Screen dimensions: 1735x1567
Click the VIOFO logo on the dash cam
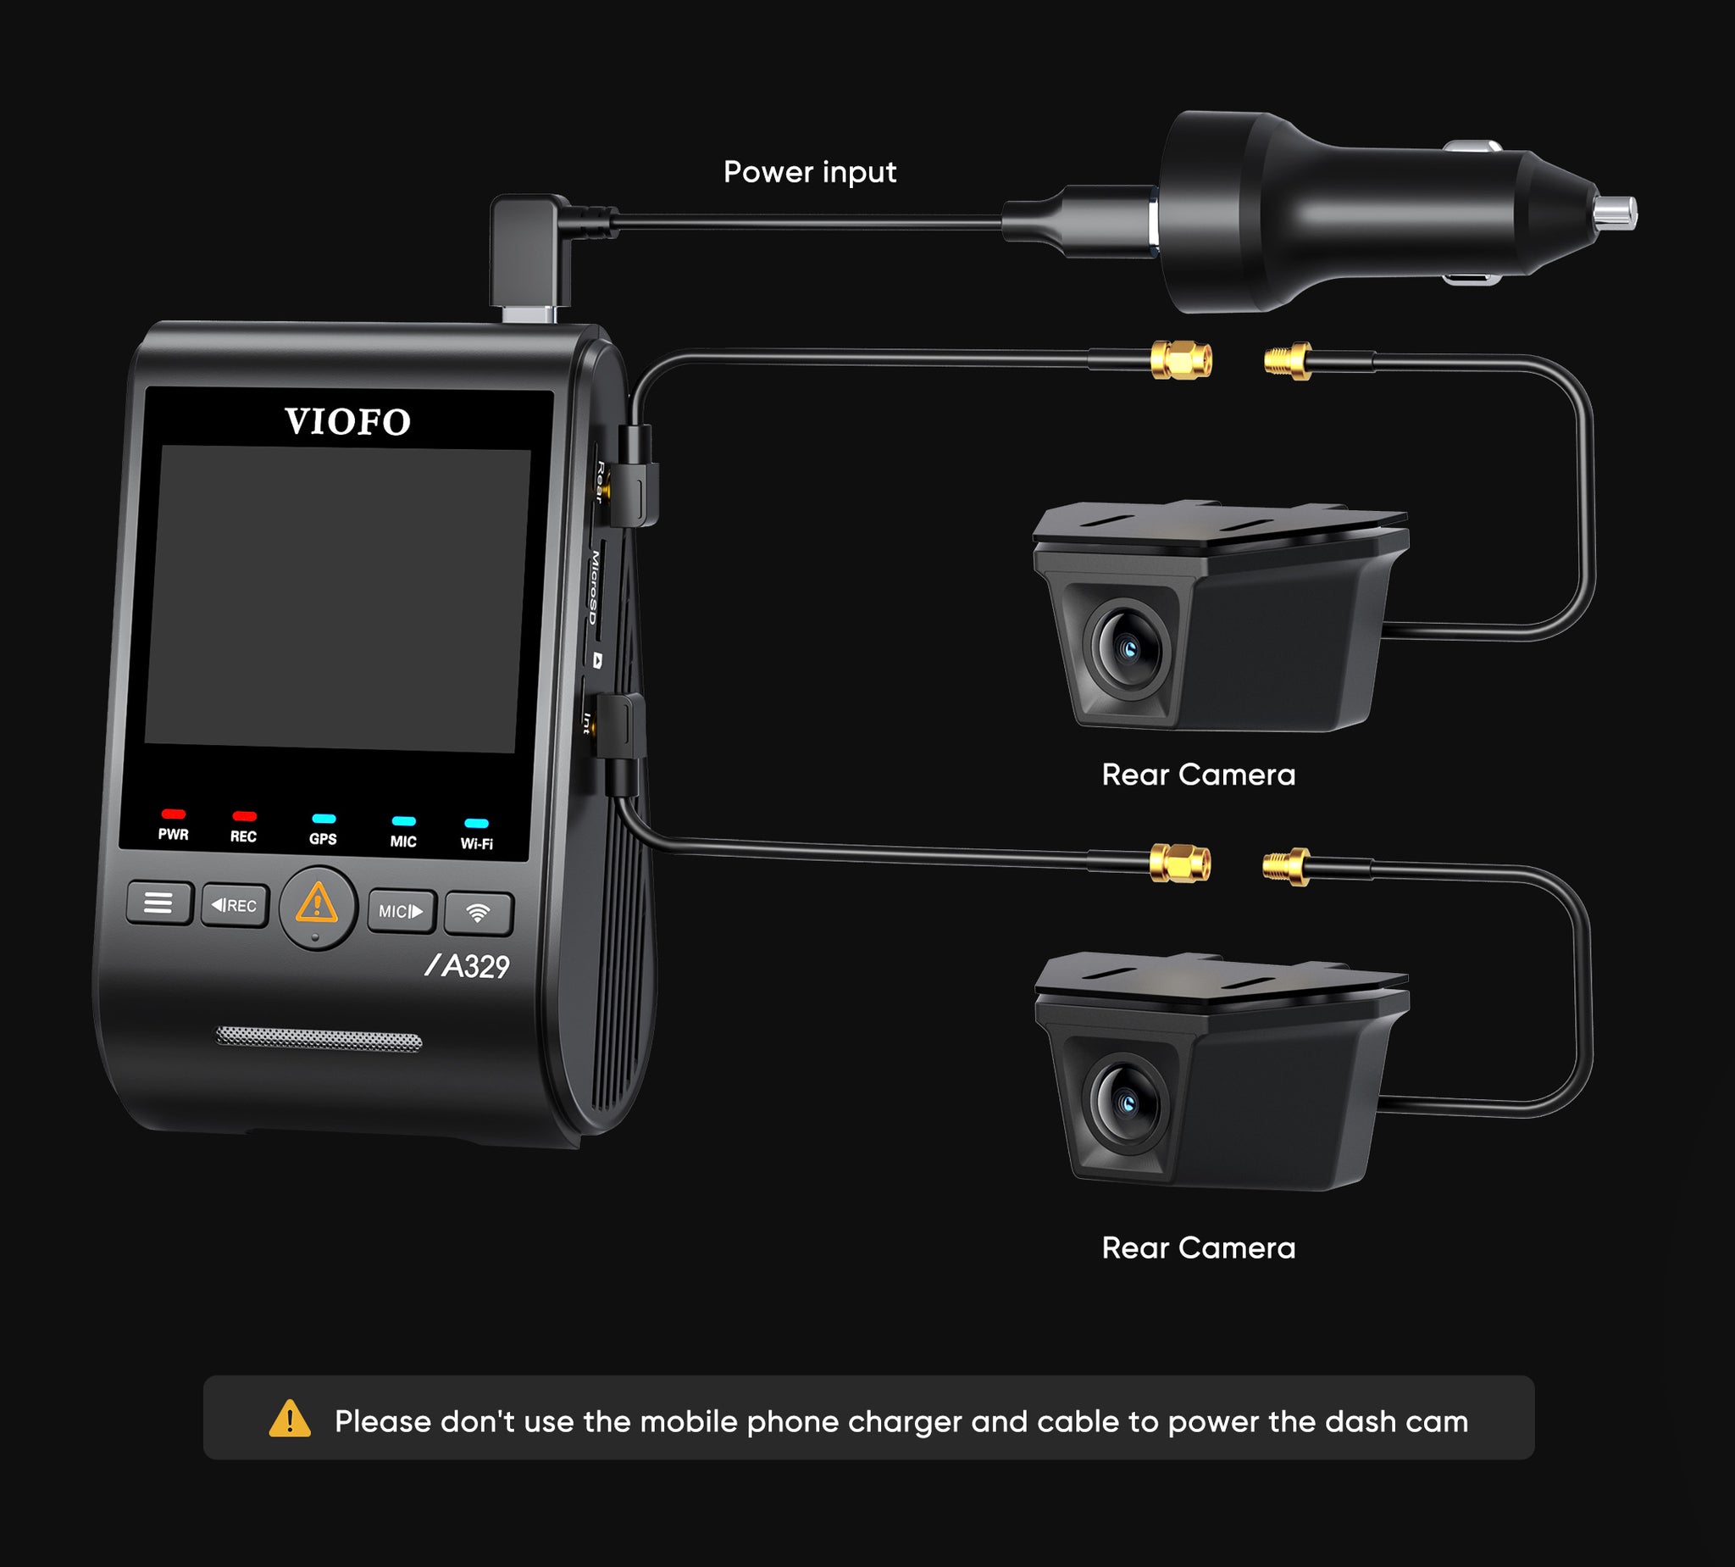[347, 422]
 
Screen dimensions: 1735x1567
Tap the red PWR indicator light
[173, 814]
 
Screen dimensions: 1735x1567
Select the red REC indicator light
[245, 815]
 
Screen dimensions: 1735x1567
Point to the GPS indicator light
[324, 819]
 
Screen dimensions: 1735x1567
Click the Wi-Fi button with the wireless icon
[479, 913]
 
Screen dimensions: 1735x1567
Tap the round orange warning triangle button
[318, 908]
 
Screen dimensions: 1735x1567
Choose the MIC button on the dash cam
[402, 911]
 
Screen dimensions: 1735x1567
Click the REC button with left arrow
[235, 905]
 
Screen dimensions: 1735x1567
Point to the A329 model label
[468, 966]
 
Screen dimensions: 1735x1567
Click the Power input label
[810, 172]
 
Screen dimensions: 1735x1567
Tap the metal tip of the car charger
[1615, 212]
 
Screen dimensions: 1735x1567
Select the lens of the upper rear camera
[1128, 647]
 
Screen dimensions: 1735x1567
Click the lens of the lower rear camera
[1126, 1102]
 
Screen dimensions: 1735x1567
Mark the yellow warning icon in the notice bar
[290, 1419]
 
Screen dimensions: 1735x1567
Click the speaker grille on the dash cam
[319, 1038]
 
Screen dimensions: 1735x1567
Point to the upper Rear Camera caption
[1198, 775]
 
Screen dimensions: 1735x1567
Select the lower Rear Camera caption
[1198, 1248]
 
